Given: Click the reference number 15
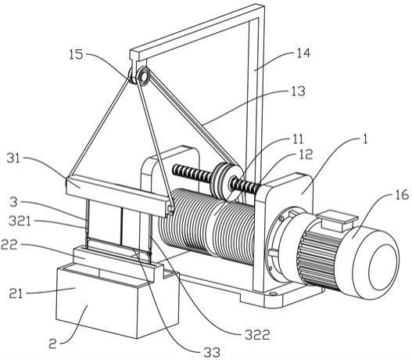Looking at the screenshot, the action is click(76, 54).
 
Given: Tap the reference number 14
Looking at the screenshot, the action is click(303, 53).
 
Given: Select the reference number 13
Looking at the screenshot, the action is click(298, 91).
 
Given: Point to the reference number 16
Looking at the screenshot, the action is click(402, 195).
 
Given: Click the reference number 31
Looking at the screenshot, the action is click(13, 158).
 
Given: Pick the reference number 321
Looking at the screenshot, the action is click(20, 221).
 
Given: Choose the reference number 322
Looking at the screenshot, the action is click(257, 335).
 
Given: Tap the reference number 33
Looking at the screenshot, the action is click(212, 352).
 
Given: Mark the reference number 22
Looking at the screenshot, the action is click(9, 245).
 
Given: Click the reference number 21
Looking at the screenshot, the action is click(16, 293).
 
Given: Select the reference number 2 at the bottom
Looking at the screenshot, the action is click(53, 344).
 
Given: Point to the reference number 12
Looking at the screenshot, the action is click(306, 154).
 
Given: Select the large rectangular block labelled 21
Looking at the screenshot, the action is click(117, 302).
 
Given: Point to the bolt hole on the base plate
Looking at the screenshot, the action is click(273, 293).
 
